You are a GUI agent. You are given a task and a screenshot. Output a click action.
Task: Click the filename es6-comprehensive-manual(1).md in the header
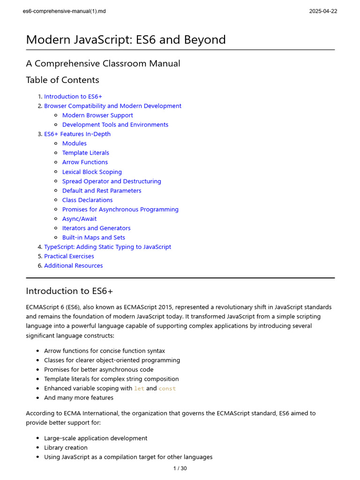click(x=64, y=11)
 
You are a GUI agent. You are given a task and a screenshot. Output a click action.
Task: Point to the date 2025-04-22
click(x=322, y=11)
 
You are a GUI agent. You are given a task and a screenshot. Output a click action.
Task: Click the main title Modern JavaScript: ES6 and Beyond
click(x=126, y=40)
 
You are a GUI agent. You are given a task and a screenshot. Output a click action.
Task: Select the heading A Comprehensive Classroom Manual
click(x=103, y=63)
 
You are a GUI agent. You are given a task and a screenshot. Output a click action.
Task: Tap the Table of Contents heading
click(x=62, y=80)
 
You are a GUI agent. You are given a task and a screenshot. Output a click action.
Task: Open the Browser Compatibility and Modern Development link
click(x=112, y=106)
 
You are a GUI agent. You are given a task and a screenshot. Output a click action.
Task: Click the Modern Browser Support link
click(x=97, y=115)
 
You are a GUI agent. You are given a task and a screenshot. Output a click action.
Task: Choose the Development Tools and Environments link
click(x=115, y=125)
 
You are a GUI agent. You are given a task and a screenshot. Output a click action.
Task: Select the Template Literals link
click(x=85, y=153)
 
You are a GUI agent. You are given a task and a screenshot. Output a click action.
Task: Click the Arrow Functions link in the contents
click(x=85, y=162)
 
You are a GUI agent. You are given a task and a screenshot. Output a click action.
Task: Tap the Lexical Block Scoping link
click(x=92, y=172)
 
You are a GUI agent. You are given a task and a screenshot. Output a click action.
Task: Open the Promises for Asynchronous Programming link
click(x=120, y=210)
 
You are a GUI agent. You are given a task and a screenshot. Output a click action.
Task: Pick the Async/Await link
click(x=79, y=219)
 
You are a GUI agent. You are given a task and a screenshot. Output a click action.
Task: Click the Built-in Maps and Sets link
click(x=93, y=238)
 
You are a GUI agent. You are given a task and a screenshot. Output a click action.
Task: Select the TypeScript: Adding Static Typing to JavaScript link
click(x=107, y=247)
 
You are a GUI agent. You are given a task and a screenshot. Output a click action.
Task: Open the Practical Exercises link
click(x=69, y=256)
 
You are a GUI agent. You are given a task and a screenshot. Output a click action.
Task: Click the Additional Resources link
click(x=73, y=266)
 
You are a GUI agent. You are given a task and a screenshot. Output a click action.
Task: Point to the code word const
click(x=167, y=389)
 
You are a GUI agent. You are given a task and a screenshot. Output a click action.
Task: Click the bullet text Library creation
click(x=66, y=448)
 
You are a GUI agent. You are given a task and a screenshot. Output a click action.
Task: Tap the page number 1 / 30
click(x=180, y=468)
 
